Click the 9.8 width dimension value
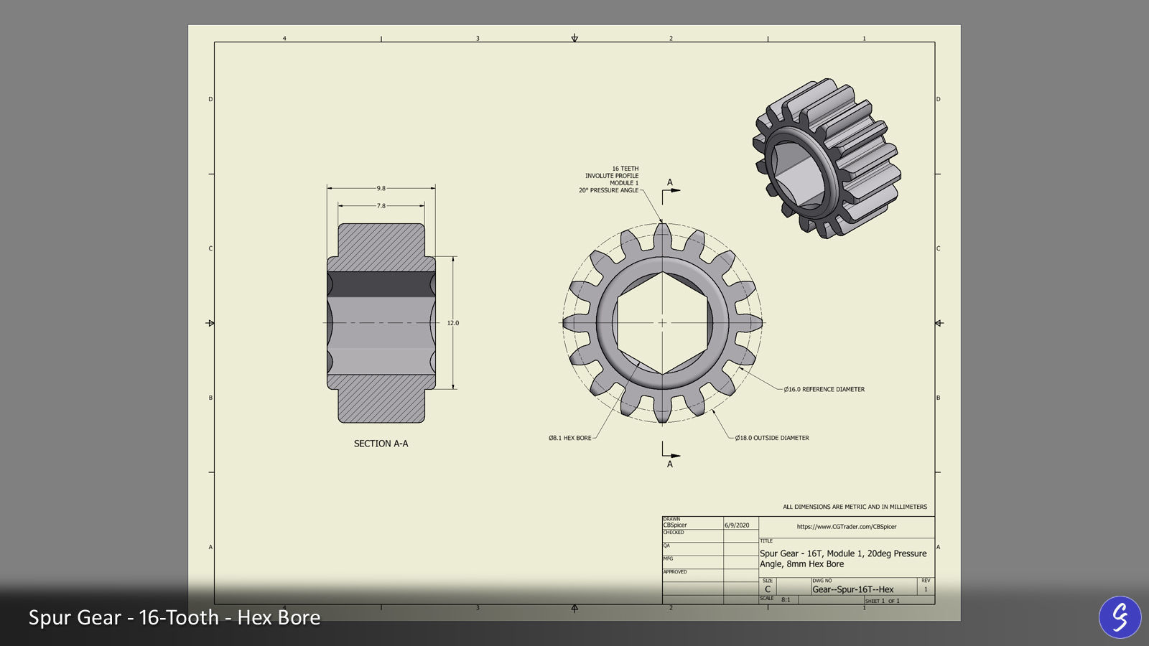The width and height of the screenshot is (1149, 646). click(381, 188)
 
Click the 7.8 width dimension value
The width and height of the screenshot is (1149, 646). click(381, 206)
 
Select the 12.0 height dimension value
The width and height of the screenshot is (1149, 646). click(453, 323)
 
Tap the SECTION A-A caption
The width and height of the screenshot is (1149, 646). click(381, 444)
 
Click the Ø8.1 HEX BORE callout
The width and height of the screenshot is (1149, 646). click(570, 438)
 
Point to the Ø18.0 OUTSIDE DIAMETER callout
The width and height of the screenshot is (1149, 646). click(772, 438)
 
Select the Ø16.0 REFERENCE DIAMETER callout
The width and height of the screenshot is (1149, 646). click(824, 389)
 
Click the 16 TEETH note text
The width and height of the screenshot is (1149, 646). click(625, 169)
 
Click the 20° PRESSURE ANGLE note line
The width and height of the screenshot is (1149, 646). click(608, 190)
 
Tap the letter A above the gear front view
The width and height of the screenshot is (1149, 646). click(670, 182)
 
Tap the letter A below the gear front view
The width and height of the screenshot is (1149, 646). click(670, 464)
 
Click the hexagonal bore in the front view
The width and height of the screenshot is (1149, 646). click(662, 323)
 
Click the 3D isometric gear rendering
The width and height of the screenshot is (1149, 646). click(826, 158)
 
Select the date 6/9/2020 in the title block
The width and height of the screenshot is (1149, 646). click(737, 525)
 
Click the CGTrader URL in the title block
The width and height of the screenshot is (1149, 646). click(847, 527)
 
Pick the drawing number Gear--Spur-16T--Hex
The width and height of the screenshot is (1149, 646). click(853, 589)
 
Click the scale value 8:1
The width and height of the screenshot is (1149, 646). click(786, 599)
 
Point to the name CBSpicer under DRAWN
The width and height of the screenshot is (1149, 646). click(675, 525)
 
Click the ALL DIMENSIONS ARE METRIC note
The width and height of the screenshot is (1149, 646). click(855, 507)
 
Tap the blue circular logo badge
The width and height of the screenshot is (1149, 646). click(1120, 617)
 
